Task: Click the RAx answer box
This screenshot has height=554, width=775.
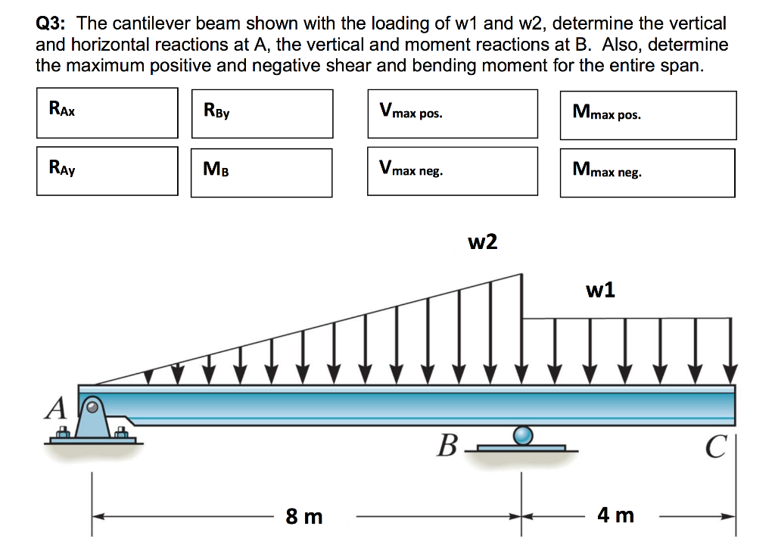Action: (x=107, y=113)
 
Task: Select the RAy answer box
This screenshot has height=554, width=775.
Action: (x=107, y=170)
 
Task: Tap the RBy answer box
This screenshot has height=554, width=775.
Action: (x=262, y=114)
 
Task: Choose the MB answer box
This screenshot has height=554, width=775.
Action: (x=261, y=173)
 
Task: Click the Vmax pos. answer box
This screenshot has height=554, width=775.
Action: (x=453, y=114)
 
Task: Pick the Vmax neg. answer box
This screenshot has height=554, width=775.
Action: (x=453, y=171)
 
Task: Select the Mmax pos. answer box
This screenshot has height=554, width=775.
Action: (x=648, y=115)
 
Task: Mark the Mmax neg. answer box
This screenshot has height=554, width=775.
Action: (x=647, y=173)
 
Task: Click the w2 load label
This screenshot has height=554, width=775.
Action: (x=483, y=242)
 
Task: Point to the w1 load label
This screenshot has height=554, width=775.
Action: (x=600, y=289)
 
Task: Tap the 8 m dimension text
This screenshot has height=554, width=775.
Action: (x=304, y=517)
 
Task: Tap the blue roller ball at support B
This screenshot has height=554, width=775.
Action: (x=522, y=434)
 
